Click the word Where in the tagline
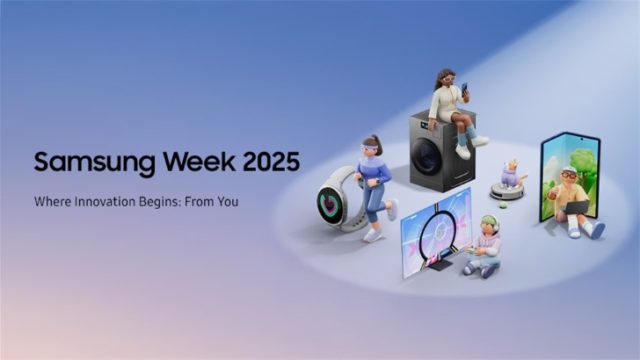tap(50, 201)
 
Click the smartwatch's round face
tap(331, 205)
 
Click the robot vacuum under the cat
tap(507, 190)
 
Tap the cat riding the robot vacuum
tap(513, 172)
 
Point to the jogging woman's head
tap(372, 145)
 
